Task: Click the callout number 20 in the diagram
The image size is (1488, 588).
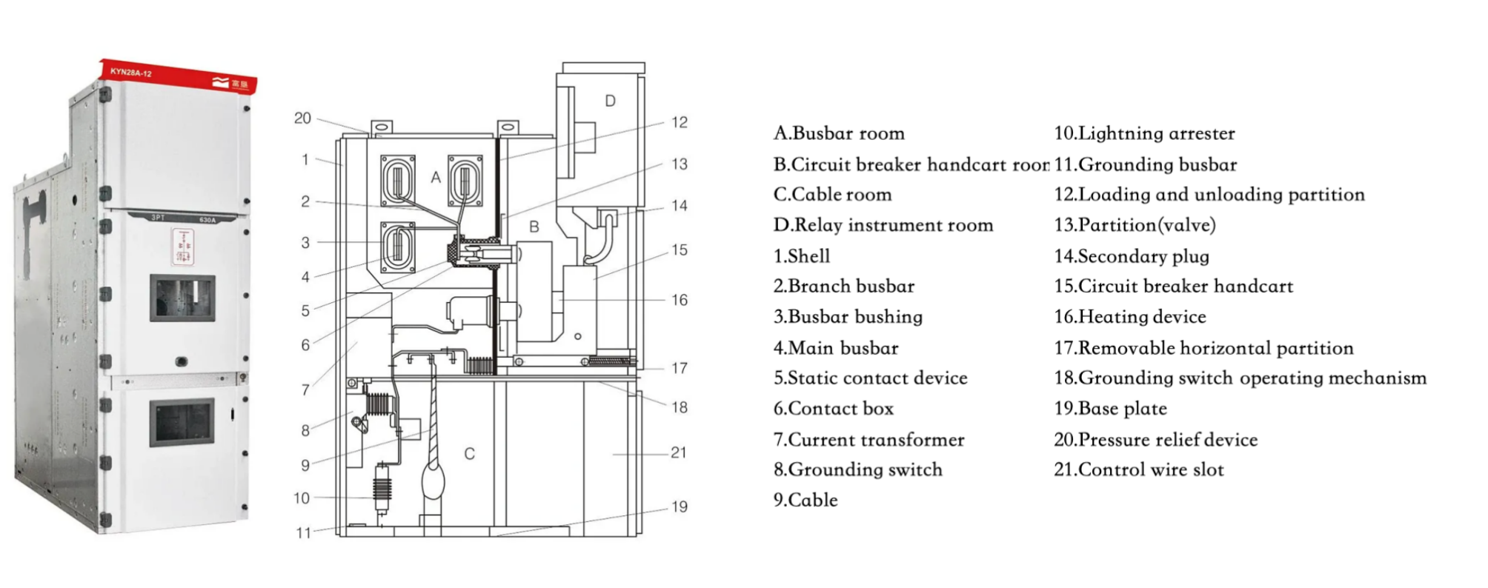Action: (x=302, y=118)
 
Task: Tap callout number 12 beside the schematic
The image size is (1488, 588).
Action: (x=680, y=122)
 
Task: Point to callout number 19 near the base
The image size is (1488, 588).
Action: (x=680, y=507)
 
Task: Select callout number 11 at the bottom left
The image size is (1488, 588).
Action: (x=304, y=533)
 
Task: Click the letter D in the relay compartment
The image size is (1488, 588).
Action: (x=610, y=101)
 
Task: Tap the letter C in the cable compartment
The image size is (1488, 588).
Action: (x=469, y=454)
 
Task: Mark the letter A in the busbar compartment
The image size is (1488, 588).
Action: (x=436, y=178)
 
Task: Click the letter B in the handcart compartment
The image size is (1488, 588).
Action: (x=534, y=227)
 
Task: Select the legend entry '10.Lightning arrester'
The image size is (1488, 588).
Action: (x=1144, y=133)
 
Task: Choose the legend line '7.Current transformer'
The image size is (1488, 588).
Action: (x=868, y=440)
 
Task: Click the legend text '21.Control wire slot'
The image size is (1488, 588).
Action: (x=1138, y=470)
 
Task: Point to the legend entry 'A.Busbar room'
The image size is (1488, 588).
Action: (x=839, y=133)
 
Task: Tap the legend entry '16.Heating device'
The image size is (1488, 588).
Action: (x=1130, y=317)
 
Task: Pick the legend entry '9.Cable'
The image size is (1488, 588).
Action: (x=806, y=501)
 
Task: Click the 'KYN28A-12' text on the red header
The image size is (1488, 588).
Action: (x=131, y=73)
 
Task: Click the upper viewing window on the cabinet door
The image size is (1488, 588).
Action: (x=182, y=298)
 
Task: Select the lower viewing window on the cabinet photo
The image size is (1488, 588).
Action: (x=182, y=422)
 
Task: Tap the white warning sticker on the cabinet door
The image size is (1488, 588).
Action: (x=183, y=247)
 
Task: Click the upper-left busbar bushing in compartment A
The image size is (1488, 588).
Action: (x=398, y=180)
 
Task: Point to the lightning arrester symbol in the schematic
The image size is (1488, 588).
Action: (x=382, y=489)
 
